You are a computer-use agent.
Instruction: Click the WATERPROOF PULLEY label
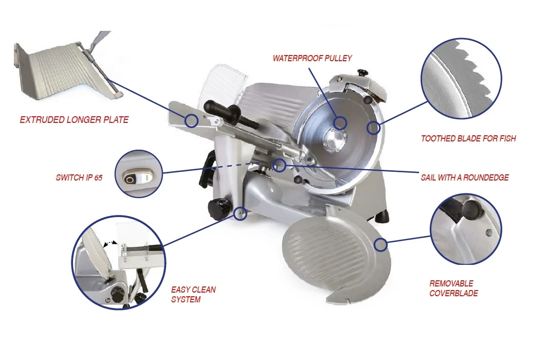pyautogui.click(x=312, y=58)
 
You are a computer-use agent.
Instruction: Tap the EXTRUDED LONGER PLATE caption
pyautogui.click(x=74, y=120)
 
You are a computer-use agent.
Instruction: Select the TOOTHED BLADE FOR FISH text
pyautogui.click(x=468, y=138)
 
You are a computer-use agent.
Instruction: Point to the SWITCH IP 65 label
pyautogui.click(x=79, y=177)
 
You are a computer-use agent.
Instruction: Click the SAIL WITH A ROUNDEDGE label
pyautogui.click(x=464, y=177)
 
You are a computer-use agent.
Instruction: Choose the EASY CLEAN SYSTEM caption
pyautogui.click(x=193, y=294)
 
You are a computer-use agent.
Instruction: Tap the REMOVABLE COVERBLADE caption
pyautogui.click(x=454, y=288)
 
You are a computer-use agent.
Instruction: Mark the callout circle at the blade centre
pyautogui.click(x=340, y=123)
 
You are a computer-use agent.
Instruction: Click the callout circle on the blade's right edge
pyautogui.click(x=373, y=128)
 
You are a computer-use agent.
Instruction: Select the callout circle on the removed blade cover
pyautogui.click(x=380, y=245)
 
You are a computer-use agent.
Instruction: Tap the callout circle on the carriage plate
pyautogui.click(x=191, y=121)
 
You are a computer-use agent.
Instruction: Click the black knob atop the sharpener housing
pyautogui.click(x=363, y=72)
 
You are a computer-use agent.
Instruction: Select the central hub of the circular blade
pyautogui.click(x=334, y=139)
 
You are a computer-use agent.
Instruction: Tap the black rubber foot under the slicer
pyautogui.click(x=383, y=217)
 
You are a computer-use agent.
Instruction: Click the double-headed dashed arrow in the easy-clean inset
pyautogui.click(x=111, y=244)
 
